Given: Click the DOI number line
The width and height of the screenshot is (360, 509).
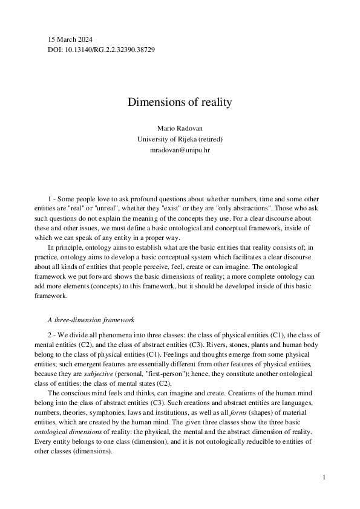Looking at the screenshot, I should tap(101, 49).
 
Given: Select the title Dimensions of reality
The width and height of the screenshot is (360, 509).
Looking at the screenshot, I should tap(180, 102).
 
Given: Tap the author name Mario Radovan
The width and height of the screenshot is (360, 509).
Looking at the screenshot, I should tap(180, 129).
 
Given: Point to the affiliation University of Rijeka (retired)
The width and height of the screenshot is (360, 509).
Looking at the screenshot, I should tap(180, 139).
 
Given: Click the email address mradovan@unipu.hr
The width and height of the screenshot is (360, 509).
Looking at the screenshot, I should tap(180, 149).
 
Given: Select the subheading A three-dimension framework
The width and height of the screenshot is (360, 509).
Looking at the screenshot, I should tap(91, 319).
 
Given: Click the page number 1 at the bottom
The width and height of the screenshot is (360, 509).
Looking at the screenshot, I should tap(324, 478).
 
